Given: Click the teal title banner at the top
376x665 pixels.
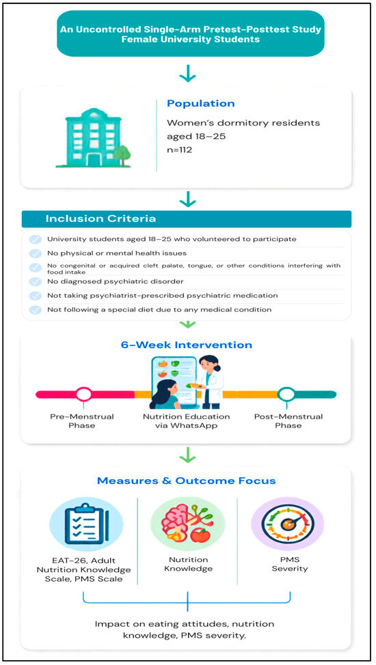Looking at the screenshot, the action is pyautogui.click(x=190, y=34).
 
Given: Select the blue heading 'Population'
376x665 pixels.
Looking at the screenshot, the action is pyautogui.click(x=200, y=104).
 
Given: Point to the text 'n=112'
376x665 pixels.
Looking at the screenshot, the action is pyautogui.click(x=179, y=150).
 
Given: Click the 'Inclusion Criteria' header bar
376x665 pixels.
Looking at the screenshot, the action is pyautogui.click(x=187, y=219).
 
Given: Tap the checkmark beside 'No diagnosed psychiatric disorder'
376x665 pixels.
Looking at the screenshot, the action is pyautogui.click(x=36, y=281).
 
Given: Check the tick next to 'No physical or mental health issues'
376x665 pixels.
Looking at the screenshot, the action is pyautogui.click(x=36, y=253).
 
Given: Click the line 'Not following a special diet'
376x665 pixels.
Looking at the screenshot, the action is pyautogui.click(x=159, y=309).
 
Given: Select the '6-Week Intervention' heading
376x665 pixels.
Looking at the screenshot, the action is pyautogui.click(x=187, y=345).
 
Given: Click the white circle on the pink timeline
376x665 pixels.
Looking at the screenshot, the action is pyautogui.click(x=83, y=395).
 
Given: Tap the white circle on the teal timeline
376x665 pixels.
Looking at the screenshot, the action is pyautogui.click(x=286, y=395).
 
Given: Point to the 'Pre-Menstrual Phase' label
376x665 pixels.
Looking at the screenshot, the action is pyautogui.click(x=82, y=421).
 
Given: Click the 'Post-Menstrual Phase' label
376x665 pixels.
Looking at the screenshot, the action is pyautogui.click(x=288, y=421).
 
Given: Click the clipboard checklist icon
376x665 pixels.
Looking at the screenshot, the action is pyautogui.click(x=86, y=524).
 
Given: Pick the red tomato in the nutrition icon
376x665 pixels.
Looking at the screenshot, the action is pyautogui.click(x=200, y=536).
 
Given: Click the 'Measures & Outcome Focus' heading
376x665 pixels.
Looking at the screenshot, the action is pyautogui.click(x=187, y=481).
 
